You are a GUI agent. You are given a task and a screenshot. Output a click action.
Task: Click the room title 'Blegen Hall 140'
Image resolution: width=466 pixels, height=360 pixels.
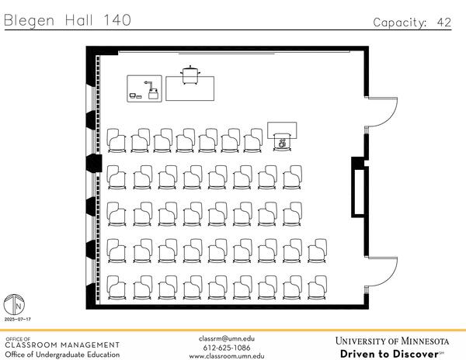coord(68,20)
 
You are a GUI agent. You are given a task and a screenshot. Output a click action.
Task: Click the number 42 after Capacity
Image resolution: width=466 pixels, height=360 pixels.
coord(443,22)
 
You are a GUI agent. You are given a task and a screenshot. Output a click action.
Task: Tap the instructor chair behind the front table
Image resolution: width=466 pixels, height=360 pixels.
coord(190,74)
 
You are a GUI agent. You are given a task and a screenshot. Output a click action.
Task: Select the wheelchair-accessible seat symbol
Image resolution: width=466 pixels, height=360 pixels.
coord(283,142)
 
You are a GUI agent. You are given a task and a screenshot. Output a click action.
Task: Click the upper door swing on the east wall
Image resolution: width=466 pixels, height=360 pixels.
coord(381,112)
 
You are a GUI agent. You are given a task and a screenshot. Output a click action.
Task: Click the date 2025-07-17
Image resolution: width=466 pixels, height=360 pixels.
coord(17,320)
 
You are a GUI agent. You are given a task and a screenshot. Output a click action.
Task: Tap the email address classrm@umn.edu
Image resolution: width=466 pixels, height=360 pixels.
coord(226,338)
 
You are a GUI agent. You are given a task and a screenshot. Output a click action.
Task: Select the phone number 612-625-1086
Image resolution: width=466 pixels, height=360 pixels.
coord(226,347)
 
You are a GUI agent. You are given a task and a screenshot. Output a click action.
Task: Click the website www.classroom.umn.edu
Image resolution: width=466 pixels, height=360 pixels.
coord(226,355)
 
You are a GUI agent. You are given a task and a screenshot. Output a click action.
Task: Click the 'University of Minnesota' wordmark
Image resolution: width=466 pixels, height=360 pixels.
coord(392,341)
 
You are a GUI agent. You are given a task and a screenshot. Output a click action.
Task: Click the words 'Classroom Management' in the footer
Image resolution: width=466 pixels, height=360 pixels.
coord(62,344)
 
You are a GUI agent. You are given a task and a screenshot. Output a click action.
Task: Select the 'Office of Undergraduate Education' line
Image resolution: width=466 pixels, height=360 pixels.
coord(62,355)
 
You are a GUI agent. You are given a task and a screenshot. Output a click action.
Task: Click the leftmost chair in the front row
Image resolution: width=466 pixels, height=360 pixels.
coord(117,140)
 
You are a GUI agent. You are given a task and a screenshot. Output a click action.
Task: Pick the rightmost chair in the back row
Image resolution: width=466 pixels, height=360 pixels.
coord(317,288)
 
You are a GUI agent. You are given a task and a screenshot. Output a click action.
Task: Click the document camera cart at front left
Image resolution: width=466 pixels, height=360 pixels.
coord(145,88)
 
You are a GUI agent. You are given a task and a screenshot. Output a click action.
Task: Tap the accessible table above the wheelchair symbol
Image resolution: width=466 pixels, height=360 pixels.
coord(282,129)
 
